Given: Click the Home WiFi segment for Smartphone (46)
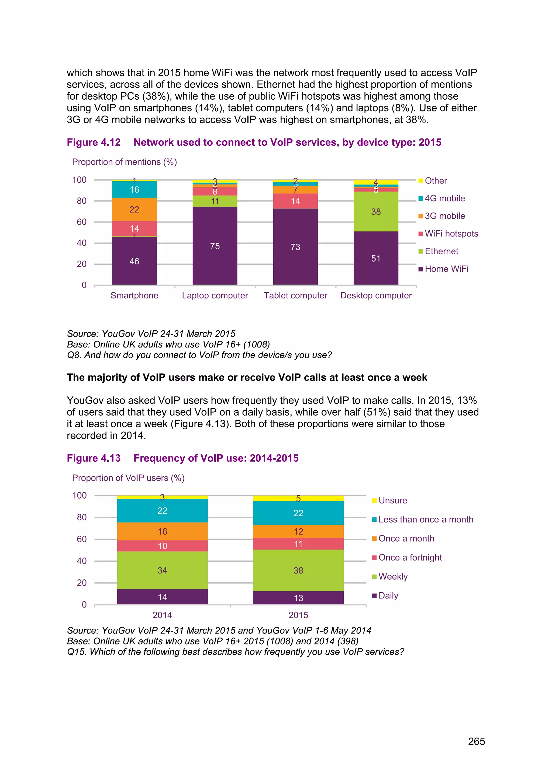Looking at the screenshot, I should (134, 261).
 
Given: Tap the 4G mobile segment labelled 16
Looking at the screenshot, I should (134, 190).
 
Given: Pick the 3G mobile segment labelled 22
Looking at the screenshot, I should (134, 209).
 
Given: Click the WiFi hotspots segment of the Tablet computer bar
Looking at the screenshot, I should (295, 201).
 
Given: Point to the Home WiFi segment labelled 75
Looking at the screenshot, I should (215, 246).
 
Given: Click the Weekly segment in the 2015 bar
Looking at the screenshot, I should (298, 570).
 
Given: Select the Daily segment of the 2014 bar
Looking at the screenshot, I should (162, 597).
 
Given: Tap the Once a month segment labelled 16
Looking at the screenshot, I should (162, 531).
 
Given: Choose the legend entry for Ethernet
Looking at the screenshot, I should (441, 251).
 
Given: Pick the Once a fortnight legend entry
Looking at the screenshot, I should (410, 558).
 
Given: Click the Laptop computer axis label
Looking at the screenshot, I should (215, 295).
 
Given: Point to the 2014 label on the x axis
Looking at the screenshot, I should (162, 615).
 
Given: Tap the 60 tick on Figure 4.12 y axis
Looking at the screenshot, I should (82, 222).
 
